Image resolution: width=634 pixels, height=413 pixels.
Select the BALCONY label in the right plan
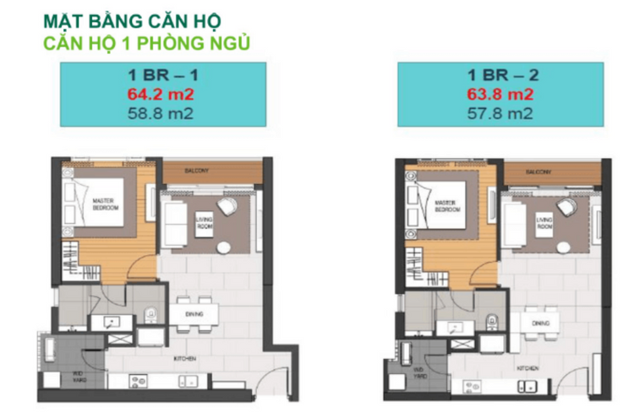click(538, 172)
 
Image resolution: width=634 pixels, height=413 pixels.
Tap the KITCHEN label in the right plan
click(528, 369)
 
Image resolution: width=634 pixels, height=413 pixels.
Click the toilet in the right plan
click(491, 321)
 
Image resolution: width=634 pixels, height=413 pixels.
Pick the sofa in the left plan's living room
click(174, 223)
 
